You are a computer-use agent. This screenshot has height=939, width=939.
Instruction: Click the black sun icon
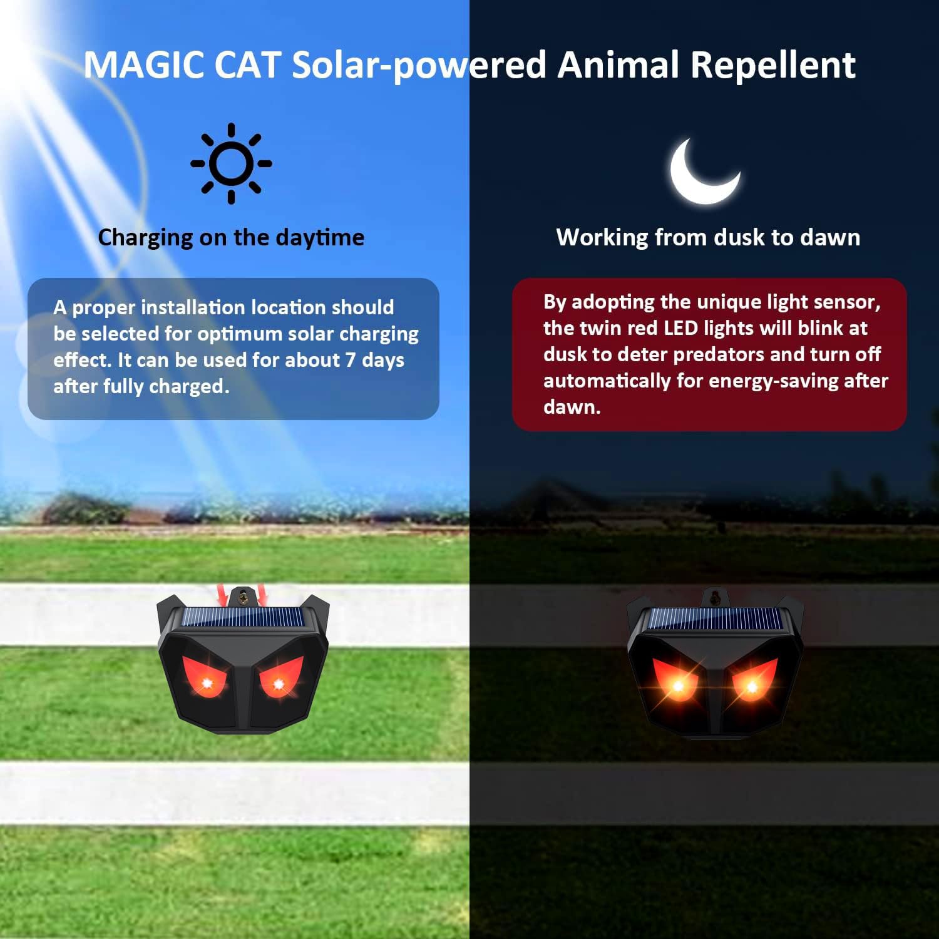(x=232, y=163)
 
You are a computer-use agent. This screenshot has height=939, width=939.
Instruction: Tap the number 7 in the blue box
(x=350, y=360)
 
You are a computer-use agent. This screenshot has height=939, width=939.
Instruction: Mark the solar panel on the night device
(x=715, y=619)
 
